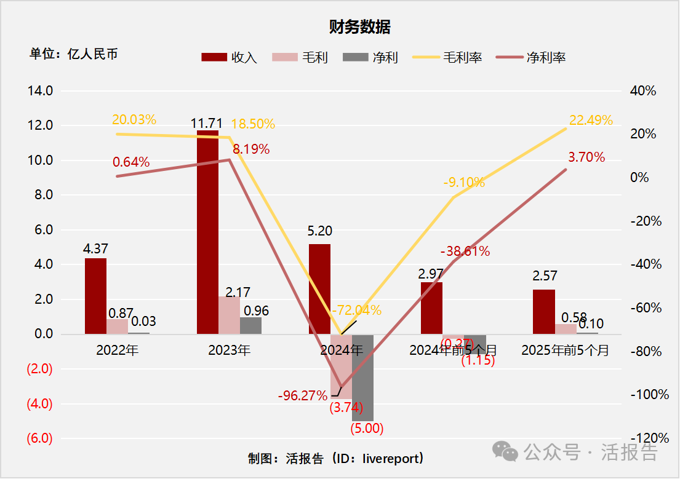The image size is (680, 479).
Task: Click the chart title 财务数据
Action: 359,27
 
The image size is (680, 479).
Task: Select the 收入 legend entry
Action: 229,57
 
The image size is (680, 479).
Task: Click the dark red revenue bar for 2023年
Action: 207,232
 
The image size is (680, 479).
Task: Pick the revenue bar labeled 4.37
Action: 95,296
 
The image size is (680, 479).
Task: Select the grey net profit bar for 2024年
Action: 362,378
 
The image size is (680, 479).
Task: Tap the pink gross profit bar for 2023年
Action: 229,315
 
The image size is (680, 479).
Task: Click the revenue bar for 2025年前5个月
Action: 543,312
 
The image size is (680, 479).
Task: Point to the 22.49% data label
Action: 591,120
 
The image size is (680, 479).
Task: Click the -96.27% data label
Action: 302,395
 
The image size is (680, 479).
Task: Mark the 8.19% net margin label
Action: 250,149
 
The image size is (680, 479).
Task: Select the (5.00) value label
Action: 367,429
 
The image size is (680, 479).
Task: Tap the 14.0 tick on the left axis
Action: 40,91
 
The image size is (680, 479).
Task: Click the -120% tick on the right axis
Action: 650,438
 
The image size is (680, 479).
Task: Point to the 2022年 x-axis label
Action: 117,350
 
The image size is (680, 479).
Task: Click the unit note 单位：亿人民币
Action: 73,54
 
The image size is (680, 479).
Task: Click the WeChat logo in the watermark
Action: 510,454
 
